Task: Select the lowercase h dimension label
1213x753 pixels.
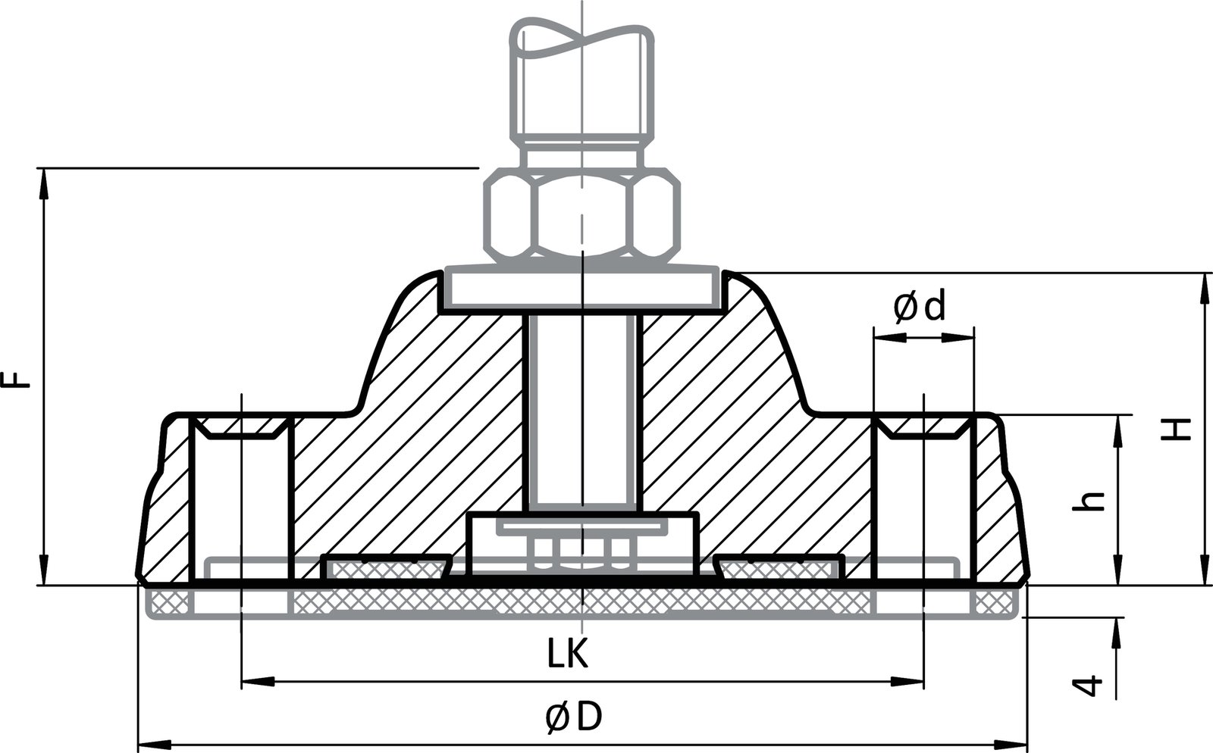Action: (x=1090, y=500)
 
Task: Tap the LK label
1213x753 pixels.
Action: (x=568, y=655)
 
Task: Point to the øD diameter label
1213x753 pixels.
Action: (x=573, y=717)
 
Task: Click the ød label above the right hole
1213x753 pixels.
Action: (x=920, y=307)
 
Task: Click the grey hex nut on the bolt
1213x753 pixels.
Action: (x=581, y=214)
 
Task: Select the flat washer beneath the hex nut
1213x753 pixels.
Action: (x=581, y=287)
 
